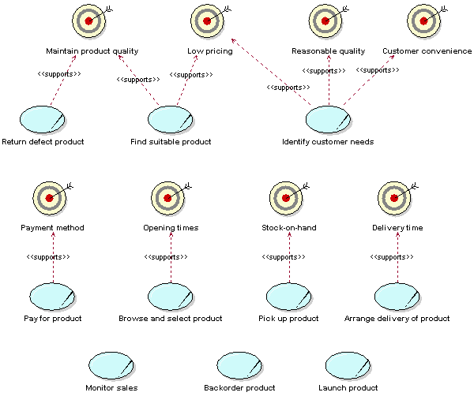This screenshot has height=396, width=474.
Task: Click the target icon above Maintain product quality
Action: tap(88, 21)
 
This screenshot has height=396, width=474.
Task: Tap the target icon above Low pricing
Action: tap(207, 21)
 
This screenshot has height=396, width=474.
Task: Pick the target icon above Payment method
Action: tap(50, 198)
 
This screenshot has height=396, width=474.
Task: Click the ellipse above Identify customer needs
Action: tap(327, 119)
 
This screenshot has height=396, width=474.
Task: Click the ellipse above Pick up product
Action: tap(288, 297)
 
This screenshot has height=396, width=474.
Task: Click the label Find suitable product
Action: tap(171, 142)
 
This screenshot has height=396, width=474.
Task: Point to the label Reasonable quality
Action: tap(328, 51)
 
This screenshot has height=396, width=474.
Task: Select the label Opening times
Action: tap(171, 228)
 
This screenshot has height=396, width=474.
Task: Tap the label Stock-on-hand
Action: tap(288, 228)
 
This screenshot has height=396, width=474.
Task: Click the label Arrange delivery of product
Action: tap(397, 319)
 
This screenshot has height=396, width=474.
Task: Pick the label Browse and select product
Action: tap(170, 319)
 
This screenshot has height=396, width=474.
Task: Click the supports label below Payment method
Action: tap(48, 257)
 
